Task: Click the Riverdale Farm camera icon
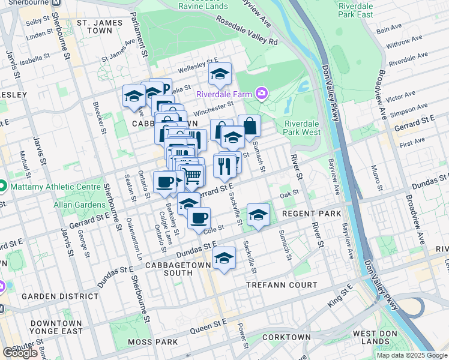[x=261, y=93]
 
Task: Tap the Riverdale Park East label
[x=355, y=10]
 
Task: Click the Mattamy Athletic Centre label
[x=55, y=187]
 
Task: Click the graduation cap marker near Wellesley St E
[x=220, y=74]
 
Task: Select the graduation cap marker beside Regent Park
[x=258, y=215]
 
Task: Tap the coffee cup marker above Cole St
[x=199, y=218]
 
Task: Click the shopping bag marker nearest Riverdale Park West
[x=249, y=126]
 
